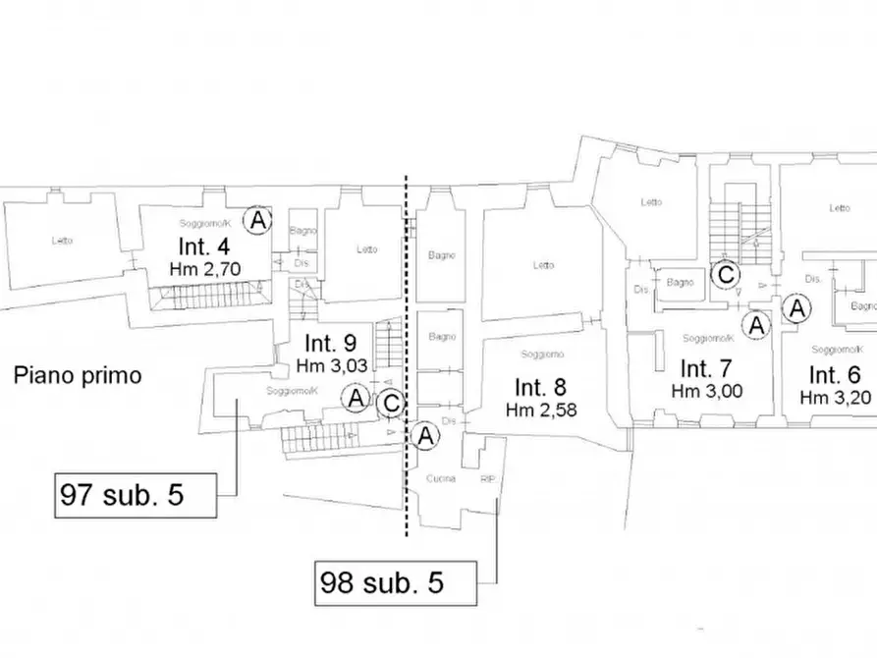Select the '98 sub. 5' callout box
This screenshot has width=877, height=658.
[x=395, y=583]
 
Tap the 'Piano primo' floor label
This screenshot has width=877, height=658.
[x=78, y=375]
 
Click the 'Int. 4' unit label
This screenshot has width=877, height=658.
[x=205, y=246]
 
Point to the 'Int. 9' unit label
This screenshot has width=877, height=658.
[x=329, y=345]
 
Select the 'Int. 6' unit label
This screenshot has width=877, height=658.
[x=834, y=374]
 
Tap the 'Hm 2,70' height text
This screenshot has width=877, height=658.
[x=205, y=267]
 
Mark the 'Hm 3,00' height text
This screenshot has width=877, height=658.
[x=708, y=391]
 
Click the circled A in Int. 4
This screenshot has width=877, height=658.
[x=257, y=220]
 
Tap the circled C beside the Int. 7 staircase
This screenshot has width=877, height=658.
[x=725, y=275]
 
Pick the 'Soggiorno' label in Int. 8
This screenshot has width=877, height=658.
[x=541, y=354]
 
